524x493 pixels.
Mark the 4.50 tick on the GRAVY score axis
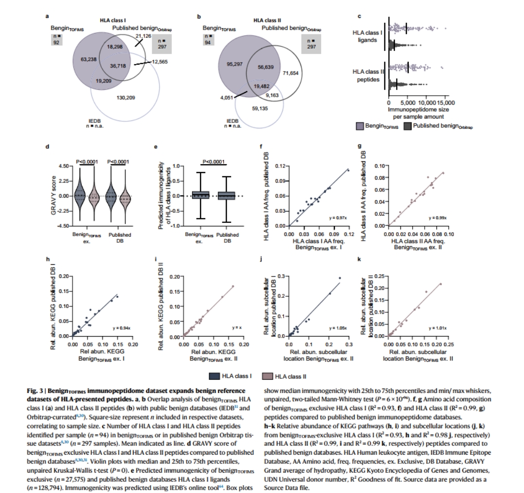click(x=64, y=166)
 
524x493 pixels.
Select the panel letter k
click(x=360, y=260)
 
